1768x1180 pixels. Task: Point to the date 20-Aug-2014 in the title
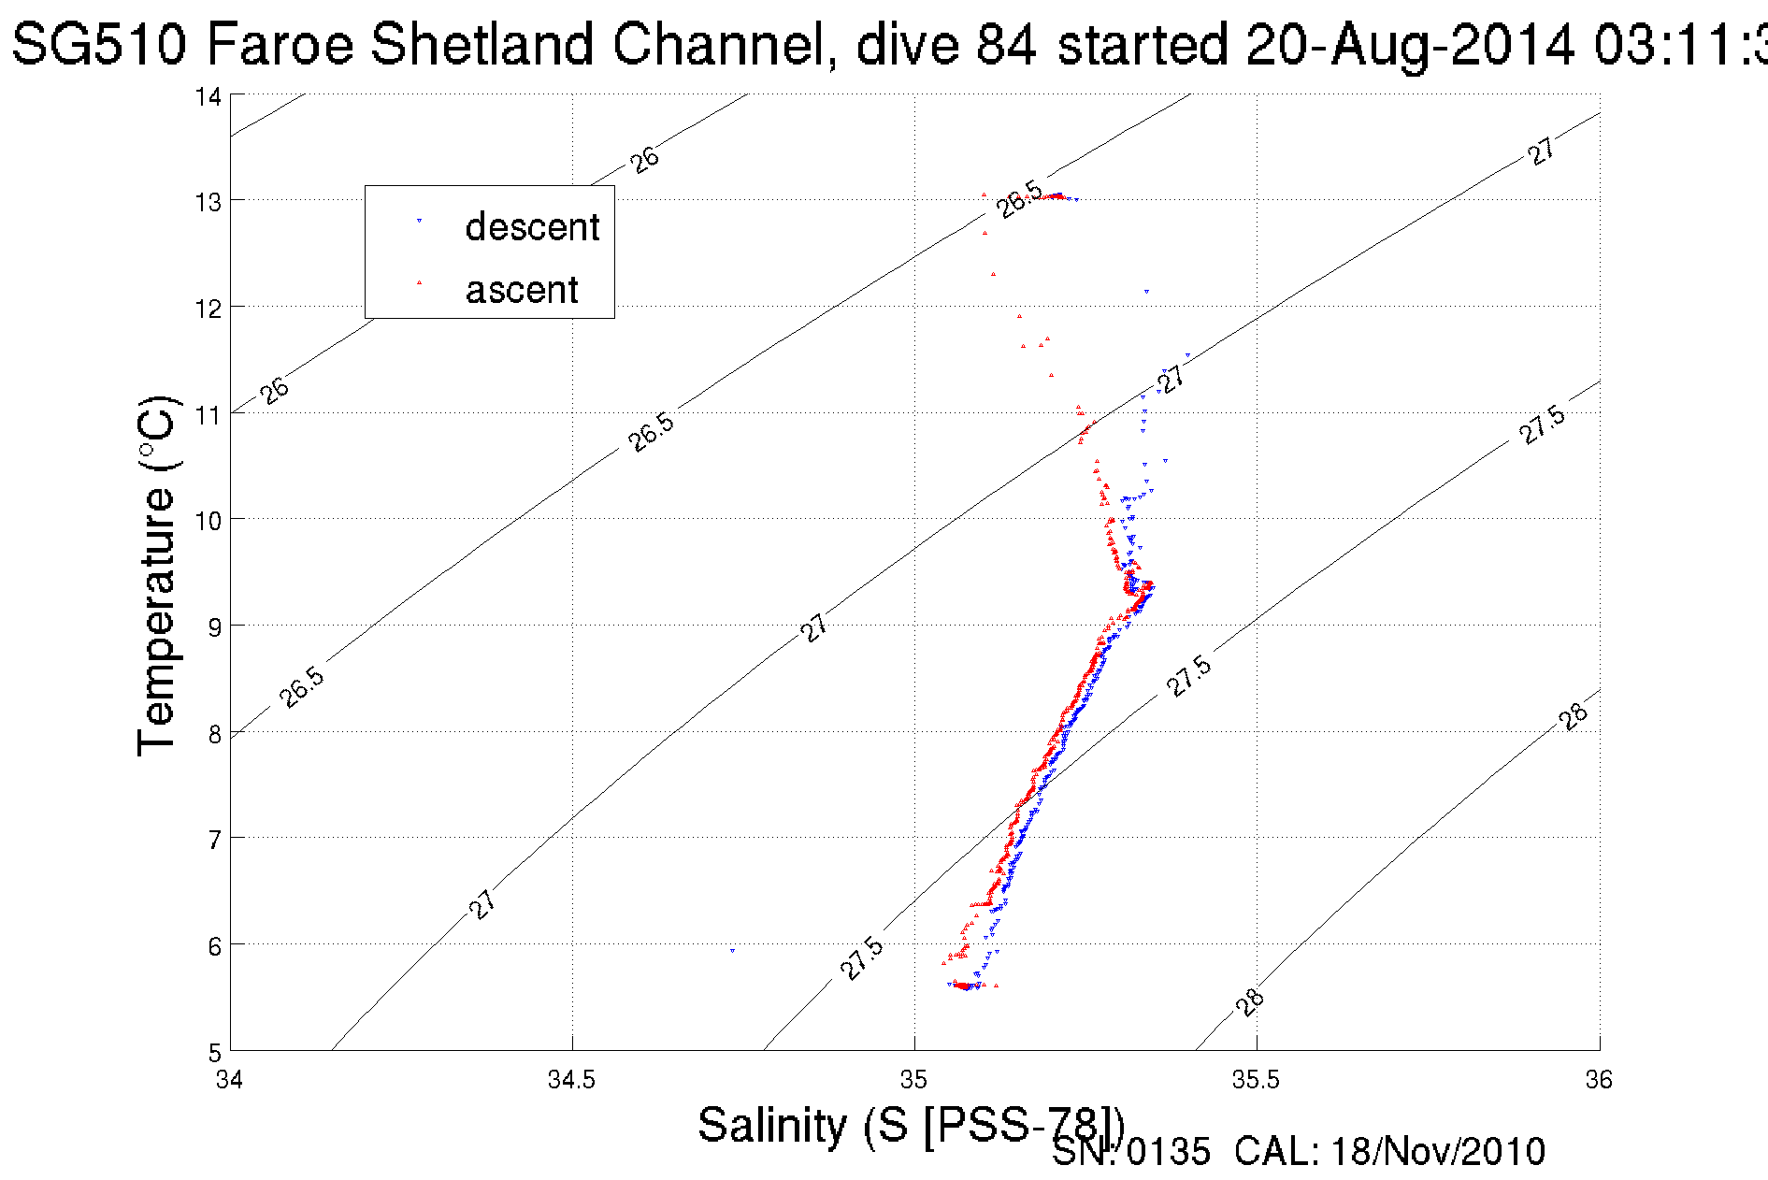click(1411, 44)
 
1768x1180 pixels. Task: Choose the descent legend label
click(532, 227)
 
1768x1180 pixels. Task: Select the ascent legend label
click(522, 290)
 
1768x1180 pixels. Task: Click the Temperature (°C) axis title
click(156, 576)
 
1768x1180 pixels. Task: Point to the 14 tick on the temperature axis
click(208, 96)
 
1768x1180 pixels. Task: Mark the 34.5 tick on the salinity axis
click(571, 1080)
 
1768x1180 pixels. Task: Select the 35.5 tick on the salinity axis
click(1256, 1080)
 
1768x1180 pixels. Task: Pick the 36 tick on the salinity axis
click(1599, 1080)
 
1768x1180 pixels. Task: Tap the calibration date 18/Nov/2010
click(1438, 1152)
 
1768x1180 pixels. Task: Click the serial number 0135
click(1168, 1152)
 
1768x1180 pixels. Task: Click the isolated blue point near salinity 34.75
click(732, 951)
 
